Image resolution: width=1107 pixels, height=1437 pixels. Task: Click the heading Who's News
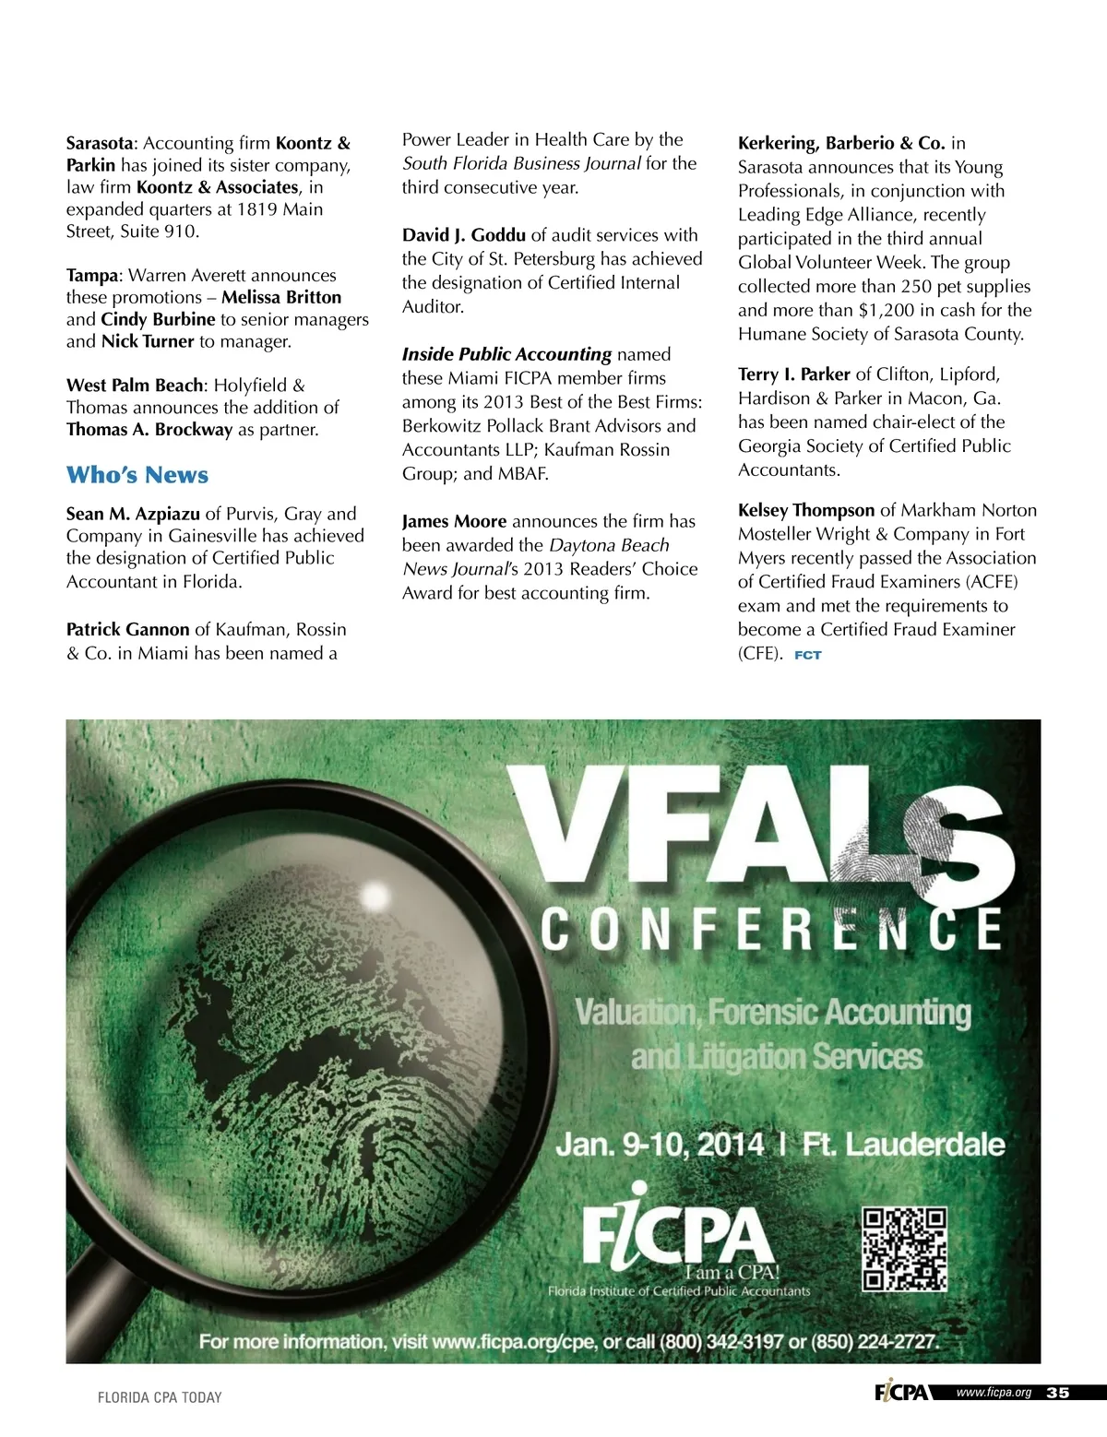pos(137,475)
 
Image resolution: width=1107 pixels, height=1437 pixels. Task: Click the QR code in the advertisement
pos(904,1249)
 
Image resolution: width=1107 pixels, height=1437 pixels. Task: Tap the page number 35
pos(1058,1393)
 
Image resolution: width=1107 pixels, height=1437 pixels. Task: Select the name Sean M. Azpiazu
pos(133,514)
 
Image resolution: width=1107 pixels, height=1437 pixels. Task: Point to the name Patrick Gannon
pos(127,630)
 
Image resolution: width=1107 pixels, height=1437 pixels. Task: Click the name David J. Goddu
pos(463,235)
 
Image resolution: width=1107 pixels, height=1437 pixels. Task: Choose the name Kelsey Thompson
pos(806,510)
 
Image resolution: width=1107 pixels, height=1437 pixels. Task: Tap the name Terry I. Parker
pos(793,374)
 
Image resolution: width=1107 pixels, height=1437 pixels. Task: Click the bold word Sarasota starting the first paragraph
pos(100,143)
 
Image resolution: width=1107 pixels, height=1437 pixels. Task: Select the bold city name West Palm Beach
pos(135,386)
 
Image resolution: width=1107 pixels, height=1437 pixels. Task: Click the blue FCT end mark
pos(807,655)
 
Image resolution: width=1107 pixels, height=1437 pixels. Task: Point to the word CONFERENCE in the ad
pos(771,929)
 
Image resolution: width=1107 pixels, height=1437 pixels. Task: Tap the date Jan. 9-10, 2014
pos(660,1145)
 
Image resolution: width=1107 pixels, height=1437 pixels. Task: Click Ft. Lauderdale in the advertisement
pos(903,1145)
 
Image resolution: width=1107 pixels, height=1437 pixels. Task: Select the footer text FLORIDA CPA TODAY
pos(160,1397)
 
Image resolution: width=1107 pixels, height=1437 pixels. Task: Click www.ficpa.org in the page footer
pos(994,1393)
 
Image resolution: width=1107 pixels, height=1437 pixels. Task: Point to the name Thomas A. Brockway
pos(149,430)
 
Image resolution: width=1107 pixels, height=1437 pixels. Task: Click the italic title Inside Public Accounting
pos(506,354)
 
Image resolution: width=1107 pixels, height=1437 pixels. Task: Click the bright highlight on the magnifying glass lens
pos(375,896)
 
